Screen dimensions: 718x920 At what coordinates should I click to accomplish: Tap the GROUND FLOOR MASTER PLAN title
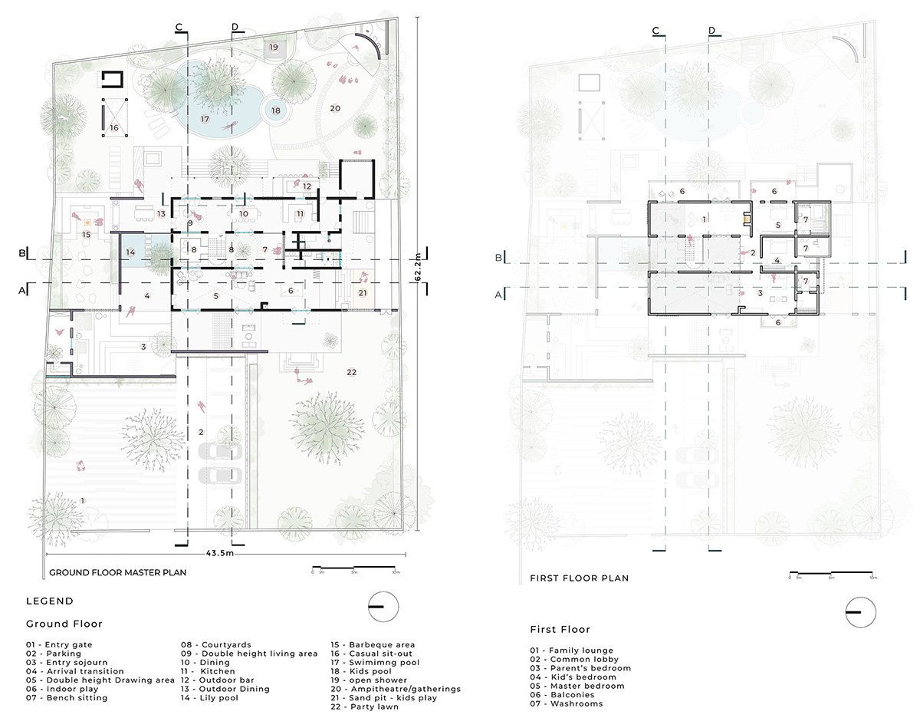tap(117, 572)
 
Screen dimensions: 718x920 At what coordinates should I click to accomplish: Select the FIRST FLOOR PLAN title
tap(579, 578)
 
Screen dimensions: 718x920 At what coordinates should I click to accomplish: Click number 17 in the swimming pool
tap(205, 119)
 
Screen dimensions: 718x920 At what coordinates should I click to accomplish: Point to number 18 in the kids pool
tap(275, 110)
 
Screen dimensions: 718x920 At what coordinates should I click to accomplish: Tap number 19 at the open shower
tap(274, 48)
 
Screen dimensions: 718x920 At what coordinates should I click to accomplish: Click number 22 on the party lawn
tap(352, 372)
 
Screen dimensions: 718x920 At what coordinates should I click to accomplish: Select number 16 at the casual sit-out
tap(113, 128)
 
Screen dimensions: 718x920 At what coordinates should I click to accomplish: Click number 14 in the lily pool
tap(130, 252)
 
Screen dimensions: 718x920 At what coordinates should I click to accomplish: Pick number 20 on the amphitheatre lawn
tap(335, 108)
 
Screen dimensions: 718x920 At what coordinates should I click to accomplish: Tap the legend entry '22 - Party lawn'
tap(365, 706)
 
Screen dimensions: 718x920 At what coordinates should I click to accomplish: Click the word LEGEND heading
tap(50, 601)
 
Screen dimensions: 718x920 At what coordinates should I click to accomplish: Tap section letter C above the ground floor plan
tap(179, 28)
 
